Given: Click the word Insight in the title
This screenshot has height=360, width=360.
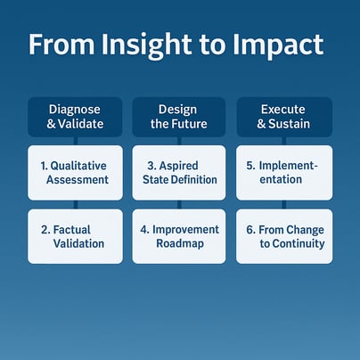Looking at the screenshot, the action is (x=146, y=45).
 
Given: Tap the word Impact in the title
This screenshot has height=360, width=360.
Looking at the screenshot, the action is (x=278, y=45).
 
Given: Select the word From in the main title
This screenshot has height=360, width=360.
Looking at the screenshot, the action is (x=61, y=44).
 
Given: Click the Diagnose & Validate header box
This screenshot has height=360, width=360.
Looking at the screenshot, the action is (x=75, y=117).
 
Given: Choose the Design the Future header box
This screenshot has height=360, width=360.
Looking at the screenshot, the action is (x=179, y=117).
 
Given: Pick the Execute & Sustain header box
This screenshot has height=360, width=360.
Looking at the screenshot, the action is (x=284, y=117).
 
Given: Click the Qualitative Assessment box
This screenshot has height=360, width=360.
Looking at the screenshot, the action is (x=75, y=173).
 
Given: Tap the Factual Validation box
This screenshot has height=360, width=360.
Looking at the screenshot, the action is (x=75, y=236).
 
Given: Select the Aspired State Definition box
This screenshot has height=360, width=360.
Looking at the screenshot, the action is (x=179, y=173).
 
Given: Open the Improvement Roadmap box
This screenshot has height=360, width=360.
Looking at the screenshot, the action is (x=179, y=236).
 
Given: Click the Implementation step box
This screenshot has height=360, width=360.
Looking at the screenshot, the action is (x=284, y=173).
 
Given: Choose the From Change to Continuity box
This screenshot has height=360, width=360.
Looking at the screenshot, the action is (x=284, y=236).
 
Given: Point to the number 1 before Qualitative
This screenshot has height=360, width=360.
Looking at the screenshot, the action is (x=43, y=166).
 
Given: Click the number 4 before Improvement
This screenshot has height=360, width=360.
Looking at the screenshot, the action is (x=143, y=230).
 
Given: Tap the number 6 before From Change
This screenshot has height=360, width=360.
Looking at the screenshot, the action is (x=250, y=230).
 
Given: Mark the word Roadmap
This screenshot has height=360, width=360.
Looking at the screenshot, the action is (x=180, y=243).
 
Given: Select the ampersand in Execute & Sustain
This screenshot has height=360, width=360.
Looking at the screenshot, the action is (x=261, y=124).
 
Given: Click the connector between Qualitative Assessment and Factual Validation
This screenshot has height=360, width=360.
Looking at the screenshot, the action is (x=76, y=205).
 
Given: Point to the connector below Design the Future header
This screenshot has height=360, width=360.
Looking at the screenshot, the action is (x=179, y=141).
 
